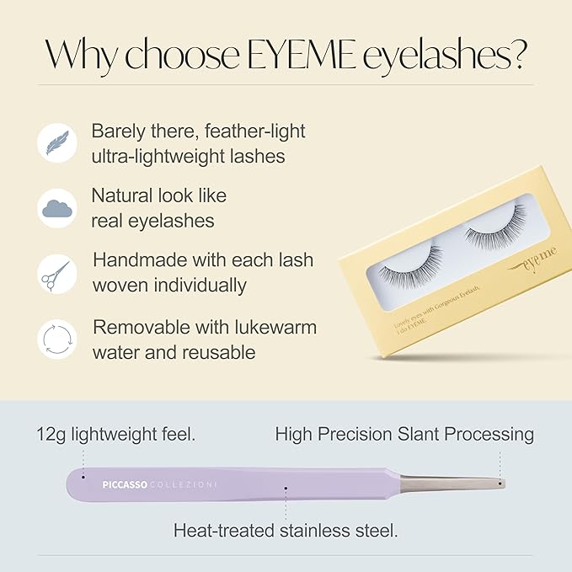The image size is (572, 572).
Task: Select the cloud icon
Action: click(57, 207)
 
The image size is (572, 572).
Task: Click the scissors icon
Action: click(57, 274)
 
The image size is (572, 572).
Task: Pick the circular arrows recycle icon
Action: click(57, 339)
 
